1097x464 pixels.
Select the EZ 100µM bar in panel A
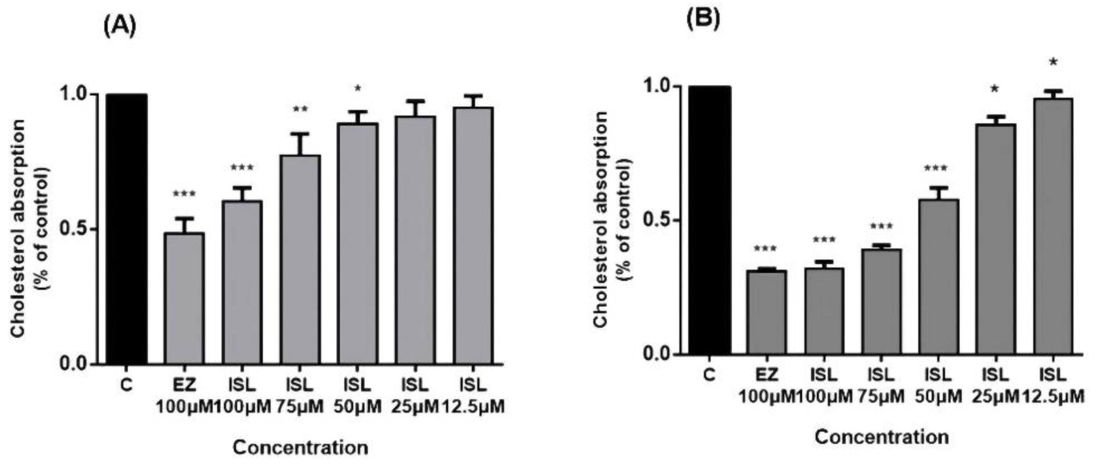point(184,298)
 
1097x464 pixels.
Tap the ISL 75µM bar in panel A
point(300,260)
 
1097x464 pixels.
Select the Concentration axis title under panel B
point(882,437)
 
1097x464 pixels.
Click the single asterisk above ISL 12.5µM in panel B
point(1053,62)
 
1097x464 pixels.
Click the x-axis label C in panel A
point(127,386)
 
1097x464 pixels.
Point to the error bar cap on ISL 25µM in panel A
point(415,101)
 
